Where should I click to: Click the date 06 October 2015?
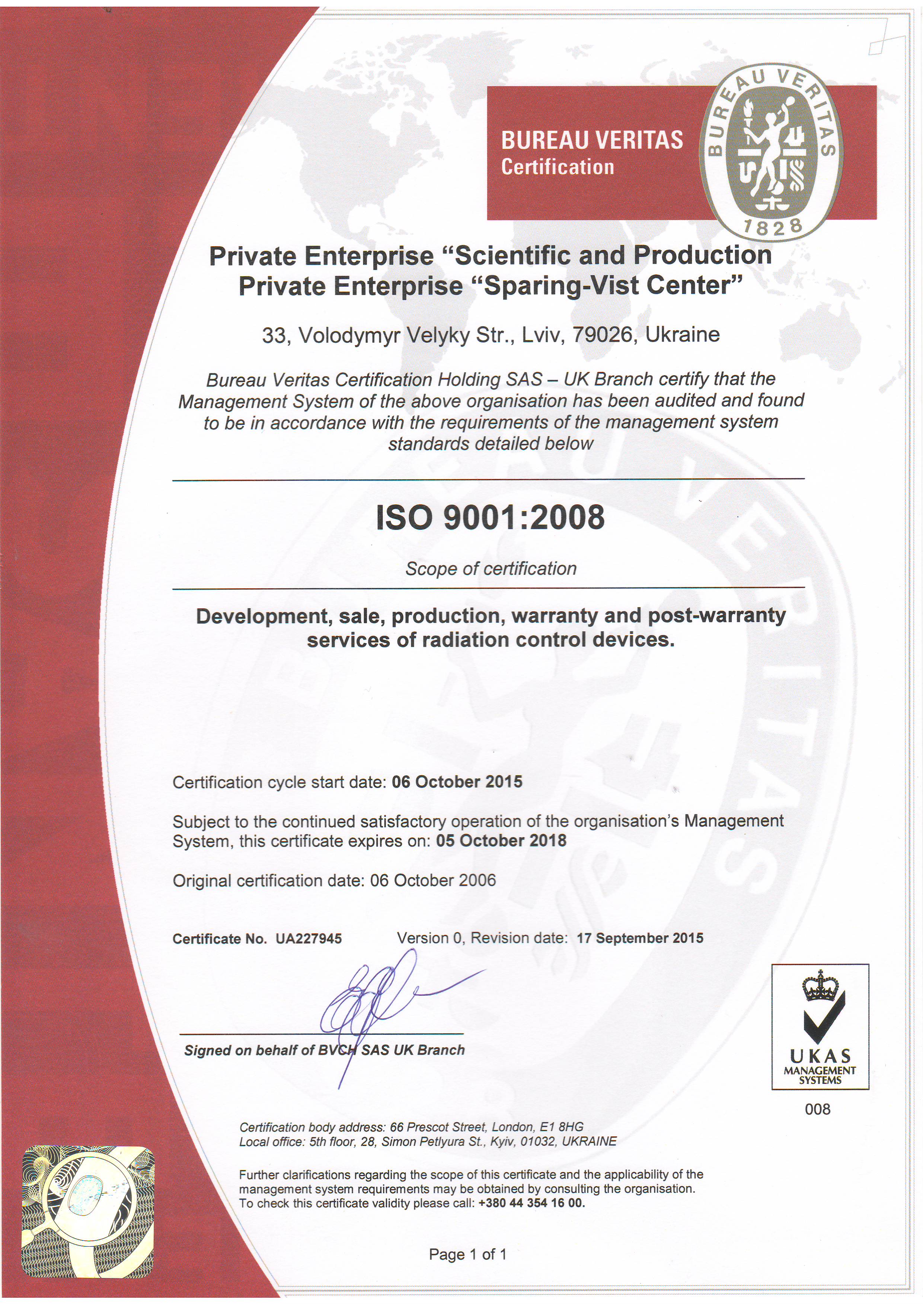click(x=457, y=782)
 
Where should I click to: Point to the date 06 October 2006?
click(x=433, y=880)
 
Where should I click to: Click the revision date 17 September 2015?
click(x=640, y=938)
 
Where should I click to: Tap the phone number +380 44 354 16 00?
click(x=531, y=1203)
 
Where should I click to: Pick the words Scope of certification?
click(x=491, y=569)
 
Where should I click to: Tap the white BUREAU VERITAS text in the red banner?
click(x=592, y=140)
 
